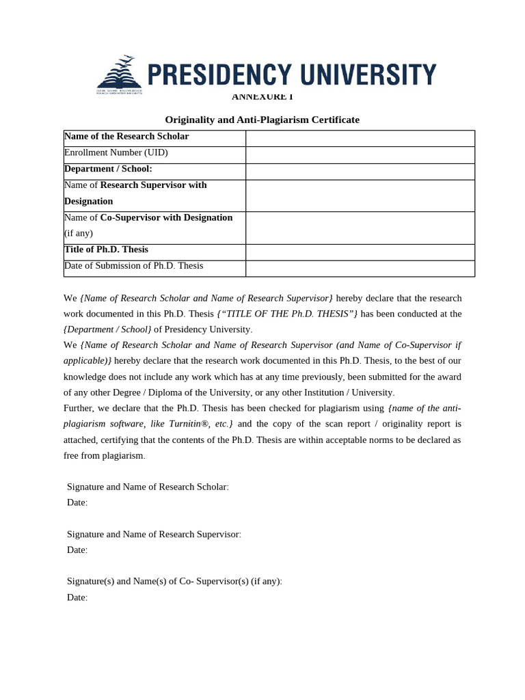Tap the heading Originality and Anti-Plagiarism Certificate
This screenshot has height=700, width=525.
point(262,120)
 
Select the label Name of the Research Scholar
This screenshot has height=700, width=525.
point(126,136)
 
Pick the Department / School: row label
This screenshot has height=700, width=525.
point(108,169)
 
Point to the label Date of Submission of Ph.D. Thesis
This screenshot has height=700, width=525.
point(133,266)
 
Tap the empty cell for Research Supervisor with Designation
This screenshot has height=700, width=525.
point(360,196)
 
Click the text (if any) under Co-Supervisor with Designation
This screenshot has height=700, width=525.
point(79,233)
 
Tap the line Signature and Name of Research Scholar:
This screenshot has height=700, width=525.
point(148,487)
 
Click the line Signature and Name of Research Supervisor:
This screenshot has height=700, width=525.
point(154,534)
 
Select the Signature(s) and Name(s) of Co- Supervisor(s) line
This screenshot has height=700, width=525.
point(174,581)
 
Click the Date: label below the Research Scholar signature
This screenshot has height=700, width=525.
point(77,502)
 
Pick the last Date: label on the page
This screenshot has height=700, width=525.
point(77,597)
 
